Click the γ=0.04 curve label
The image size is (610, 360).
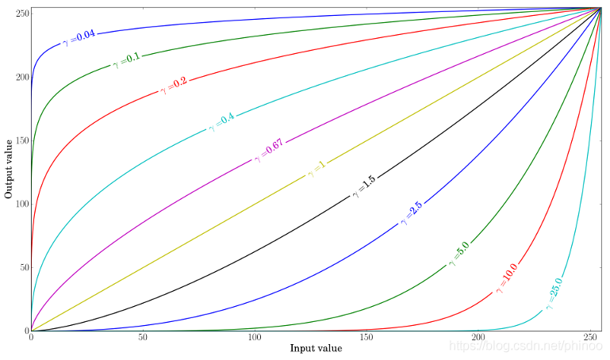(77, 36)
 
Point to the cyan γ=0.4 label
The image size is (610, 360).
(221, 122)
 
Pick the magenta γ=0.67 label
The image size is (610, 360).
(268, 151)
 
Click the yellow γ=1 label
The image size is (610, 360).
(317, 170)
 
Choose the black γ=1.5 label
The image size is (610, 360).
(364, 187)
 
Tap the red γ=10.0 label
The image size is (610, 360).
(506, 278)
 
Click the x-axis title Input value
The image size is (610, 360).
(316, 348)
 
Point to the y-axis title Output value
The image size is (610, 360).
(9, 168)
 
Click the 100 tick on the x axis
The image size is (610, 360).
(255, 339)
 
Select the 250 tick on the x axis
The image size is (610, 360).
(590, 339)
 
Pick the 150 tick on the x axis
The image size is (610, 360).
(366, 339)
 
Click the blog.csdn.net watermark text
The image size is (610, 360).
(524, 347)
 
